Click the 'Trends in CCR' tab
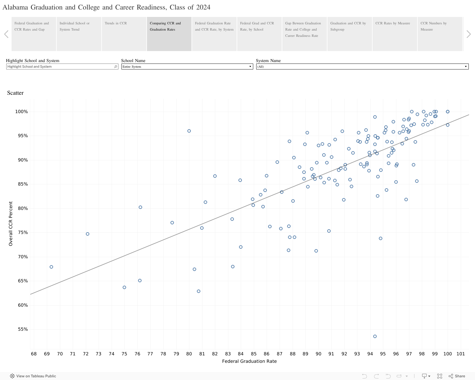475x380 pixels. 124,34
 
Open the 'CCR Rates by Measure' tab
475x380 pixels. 395,34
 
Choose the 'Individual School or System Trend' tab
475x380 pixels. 79,34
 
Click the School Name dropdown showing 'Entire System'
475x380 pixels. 187,66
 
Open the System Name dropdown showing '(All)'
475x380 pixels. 362,66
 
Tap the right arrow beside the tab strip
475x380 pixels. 468,34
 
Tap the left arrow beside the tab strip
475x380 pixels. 6,34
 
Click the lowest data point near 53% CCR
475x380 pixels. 375,336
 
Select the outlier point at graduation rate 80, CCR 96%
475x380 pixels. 189,131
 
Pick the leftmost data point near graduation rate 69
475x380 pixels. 51,267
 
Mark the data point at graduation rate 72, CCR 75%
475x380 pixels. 88,234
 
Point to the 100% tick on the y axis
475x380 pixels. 21,112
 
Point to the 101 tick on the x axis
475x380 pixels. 460,354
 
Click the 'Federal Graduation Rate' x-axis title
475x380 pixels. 249,361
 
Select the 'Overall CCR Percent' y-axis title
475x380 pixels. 11,224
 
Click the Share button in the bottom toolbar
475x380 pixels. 457,376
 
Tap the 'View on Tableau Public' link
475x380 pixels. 33,376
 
